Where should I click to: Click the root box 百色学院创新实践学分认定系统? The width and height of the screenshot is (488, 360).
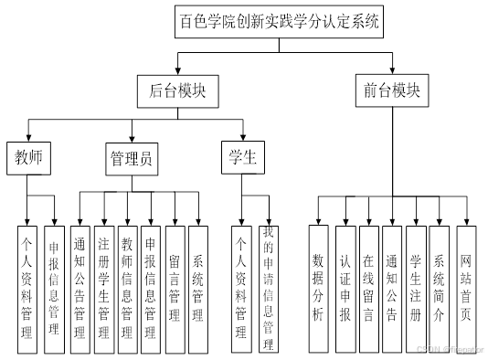pyautogui.click(x=278, y=20)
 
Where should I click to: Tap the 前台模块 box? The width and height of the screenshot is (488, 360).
pyautogui.click(x=391, y=91)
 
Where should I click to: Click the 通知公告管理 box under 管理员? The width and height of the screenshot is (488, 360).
pyautogui.click(x=80, y=290)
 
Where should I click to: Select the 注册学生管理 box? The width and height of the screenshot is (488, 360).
pyautogui.click(x=103, y=290)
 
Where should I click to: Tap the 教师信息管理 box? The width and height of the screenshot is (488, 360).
pyautogui.click(x=127, y=290)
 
